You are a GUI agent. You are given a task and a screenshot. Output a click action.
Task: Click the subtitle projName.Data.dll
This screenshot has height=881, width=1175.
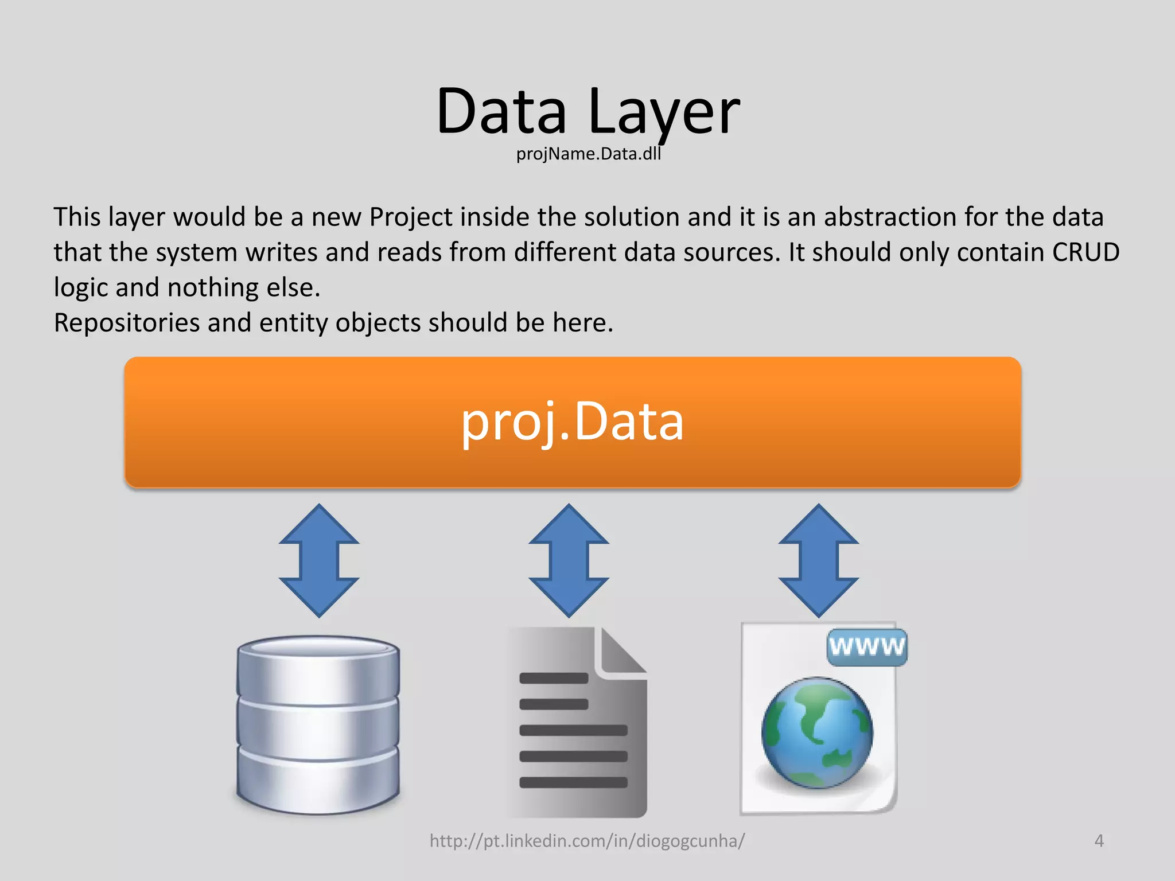588,154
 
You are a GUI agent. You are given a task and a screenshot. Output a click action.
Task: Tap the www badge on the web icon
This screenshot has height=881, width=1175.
867,647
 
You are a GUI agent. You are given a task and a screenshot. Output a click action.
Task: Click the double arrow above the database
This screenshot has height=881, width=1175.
319,560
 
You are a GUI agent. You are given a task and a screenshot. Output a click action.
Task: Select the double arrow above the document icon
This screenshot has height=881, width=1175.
569,560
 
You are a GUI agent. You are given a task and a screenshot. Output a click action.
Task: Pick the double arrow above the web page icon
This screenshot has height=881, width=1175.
818,560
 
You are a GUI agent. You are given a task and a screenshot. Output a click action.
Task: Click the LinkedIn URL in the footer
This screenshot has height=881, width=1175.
587,841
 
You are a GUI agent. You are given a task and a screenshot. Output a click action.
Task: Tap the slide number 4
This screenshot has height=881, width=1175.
1099,841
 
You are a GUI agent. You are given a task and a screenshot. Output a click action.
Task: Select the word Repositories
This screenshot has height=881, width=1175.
126,323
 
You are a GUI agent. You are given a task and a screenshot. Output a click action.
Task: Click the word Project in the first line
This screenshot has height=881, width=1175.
410,217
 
